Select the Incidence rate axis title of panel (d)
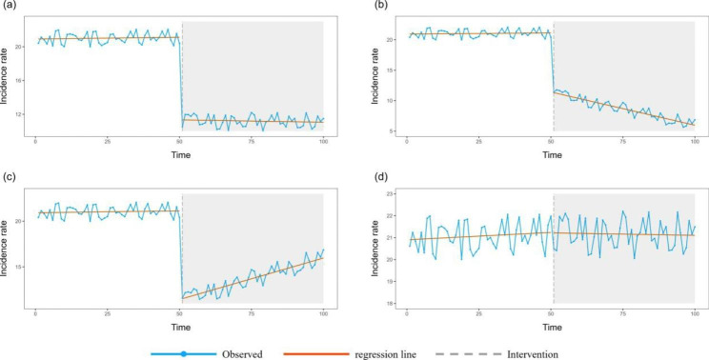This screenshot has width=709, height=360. tap(376, 250)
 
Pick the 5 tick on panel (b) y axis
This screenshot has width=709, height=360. tap(395, 130)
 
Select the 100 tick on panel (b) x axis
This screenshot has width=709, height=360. tap(695, 140)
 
